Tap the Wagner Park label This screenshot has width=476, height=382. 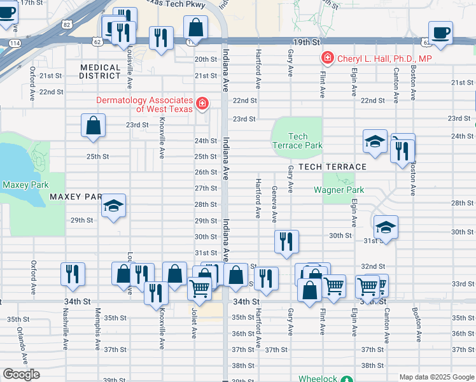(339, 190)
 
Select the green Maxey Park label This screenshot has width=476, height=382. (21, 185)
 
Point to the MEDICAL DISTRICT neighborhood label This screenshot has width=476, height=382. (100, 71)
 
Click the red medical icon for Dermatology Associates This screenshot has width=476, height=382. (202, 103)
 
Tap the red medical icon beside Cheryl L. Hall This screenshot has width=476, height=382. (328, 59)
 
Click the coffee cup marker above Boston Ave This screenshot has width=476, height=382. (440, 32)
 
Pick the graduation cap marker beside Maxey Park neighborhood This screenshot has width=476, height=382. (114, 206)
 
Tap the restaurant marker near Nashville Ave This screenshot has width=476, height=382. (73, 273)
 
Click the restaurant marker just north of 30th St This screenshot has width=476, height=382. (286, 241)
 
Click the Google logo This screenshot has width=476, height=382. (21, 374)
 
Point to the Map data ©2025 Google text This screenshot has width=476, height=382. (436, 377)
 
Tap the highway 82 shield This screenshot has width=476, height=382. (67, 24)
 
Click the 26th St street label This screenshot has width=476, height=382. (205, 172)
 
